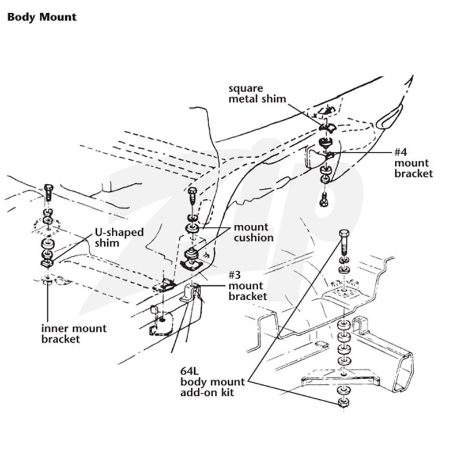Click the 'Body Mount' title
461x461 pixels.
click(x=41, y=17)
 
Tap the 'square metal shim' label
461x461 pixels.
click(x=257, y=94)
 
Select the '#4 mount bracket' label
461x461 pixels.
click(x=414, y=163)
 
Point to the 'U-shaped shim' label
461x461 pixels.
click(x=119, y=237)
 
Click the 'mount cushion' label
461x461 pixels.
click(x=254, y=232)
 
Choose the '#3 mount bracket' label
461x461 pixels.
click(x=248, y=285)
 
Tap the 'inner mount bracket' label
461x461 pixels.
click(x=74, y=334)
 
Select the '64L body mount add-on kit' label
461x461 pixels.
click(x=212, y=382)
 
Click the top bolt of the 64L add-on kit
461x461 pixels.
click(x=343, y=242)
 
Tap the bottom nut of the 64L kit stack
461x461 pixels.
click(x=343, y=402)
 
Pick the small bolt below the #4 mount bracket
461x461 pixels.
click(x=324, y=199)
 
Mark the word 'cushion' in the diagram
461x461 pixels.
click(x=254, y=237)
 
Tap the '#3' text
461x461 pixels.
click(x=235, y=275)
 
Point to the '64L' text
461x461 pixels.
click(x=190, y=371)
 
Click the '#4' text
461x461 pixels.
click(x=400, y=152)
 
